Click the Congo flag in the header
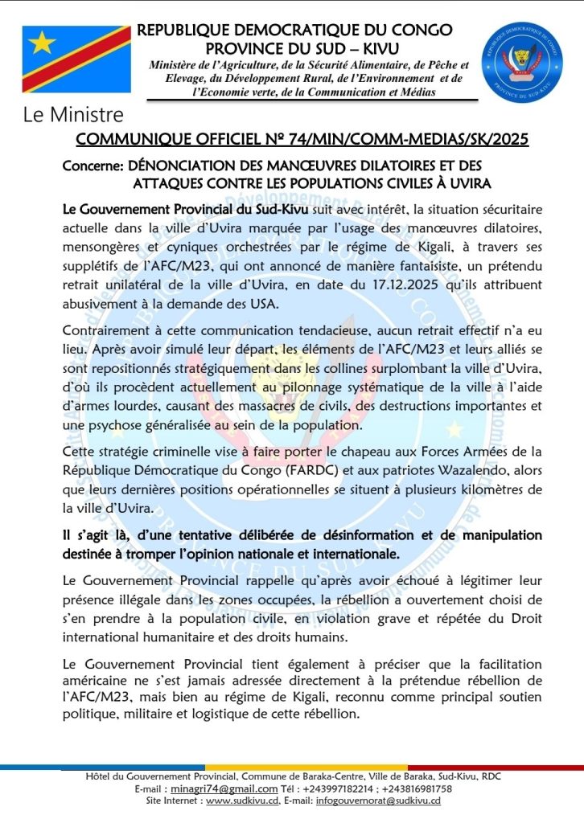pyautogui.click(x=76, y=59)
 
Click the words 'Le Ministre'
pyautogui.click(x=73, y=115)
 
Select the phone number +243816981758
pyautogui.click(x=417, y=789)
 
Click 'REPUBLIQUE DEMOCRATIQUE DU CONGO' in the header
pyautogui.click(x=294, y=31)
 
